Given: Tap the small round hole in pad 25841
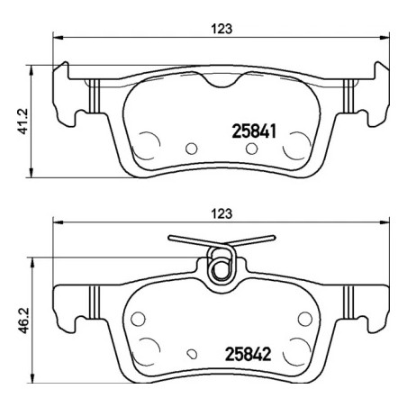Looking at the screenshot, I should [x=190, y=149].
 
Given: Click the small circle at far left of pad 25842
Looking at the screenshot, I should [x=138, y=318].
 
